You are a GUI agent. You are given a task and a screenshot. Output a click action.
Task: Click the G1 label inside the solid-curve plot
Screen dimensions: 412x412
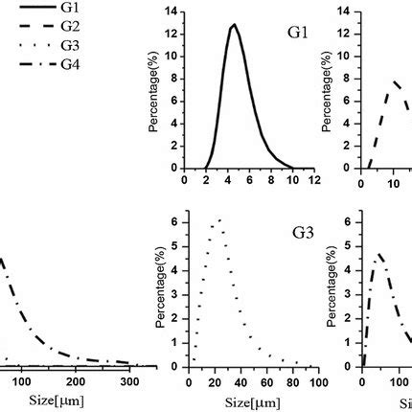click(298, 33)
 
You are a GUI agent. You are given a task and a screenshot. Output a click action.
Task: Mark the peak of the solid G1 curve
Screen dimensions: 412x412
click(233, 25)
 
